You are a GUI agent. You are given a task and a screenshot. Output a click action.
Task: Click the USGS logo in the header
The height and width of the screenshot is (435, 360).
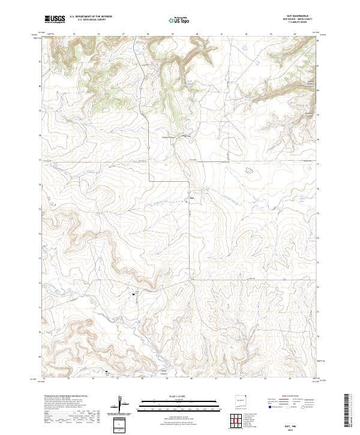pos(55,19)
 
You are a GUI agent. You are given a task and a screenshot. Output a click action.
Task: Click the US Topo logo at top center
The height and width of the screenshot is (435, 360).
pos(179,20)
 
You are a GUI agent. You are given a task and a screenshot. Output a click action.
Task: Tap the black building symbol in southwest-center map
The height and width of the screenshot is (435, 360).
pos(133,294)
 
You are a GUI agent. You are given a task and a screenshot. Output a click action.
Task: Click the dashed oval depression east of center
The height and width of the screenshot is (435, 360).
pos(248,170)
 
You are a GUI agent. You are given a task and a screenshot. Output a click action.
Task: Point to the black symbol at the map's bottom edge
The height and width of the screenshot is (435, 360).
pos(107,372)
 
